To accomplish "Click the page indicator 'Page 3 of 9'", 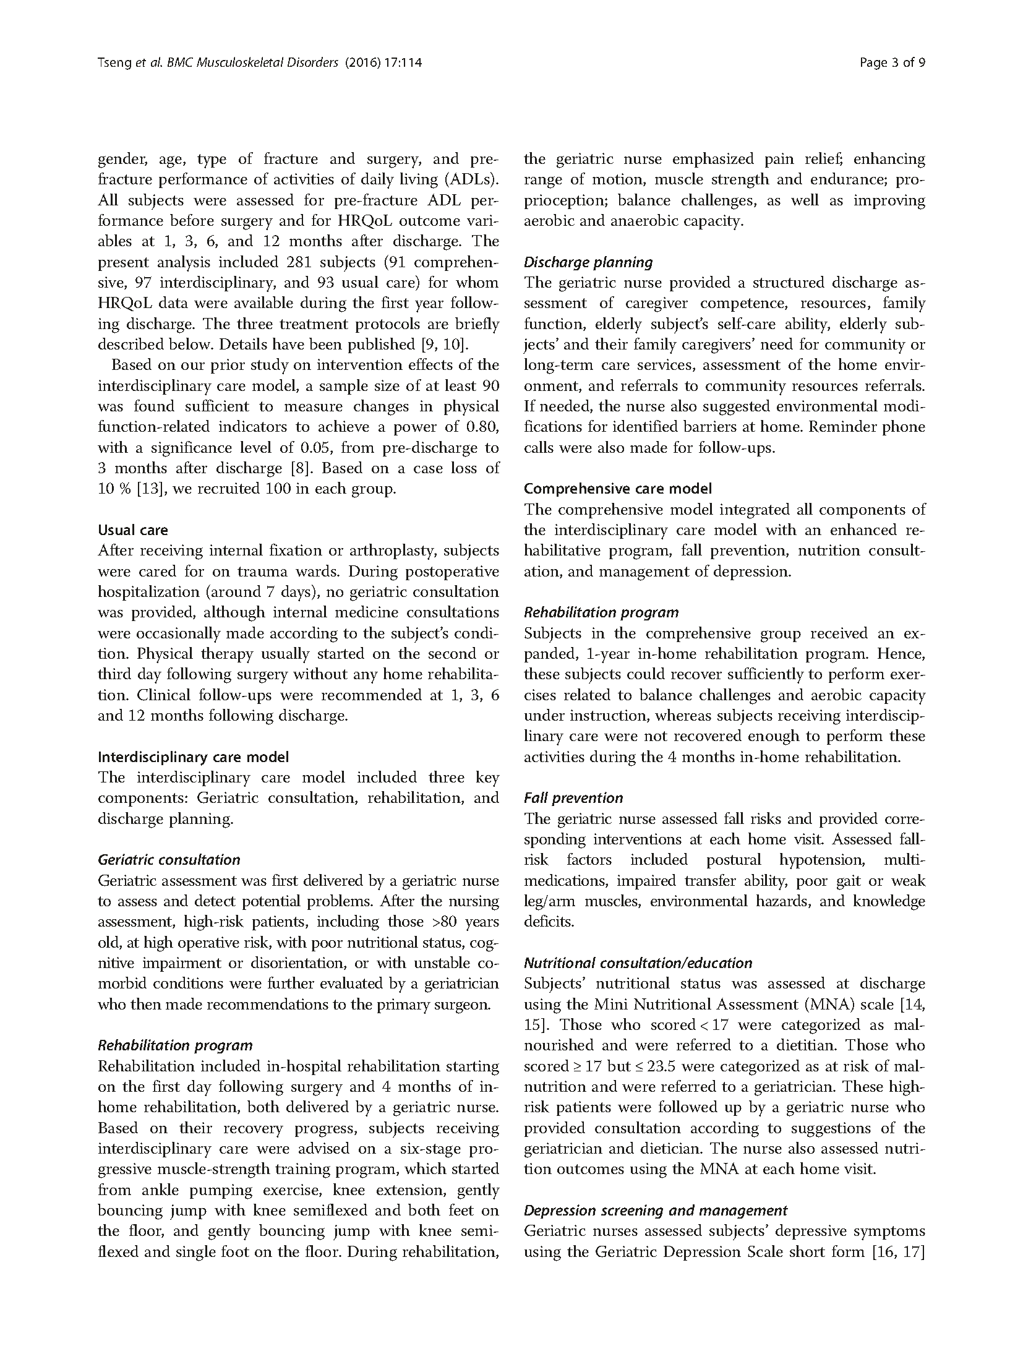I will click(x=892, y=62).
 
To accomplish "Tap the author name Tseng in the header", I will click(x=115, y=62).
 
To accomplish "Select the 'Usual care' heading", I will click(x=133, y=530).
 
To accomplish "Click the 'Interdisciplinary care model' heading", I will click(x=193, y=757).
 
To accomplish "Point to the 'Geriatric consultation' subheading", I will click(x=169, y=860).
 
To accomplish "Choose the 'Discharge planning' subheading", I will click(x=588, y=262).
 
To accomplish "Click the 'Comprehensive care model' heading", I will click(x=617, y=489).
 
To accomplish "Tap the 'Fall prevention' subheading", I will click(x=573, y=798).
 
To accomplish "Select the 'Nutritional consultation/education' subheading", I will click(x=638, y=963).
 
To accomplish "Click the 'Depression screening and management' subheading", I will click(x=656, y=1211).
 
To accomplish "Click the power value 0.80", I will click(x=485, y=427).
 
